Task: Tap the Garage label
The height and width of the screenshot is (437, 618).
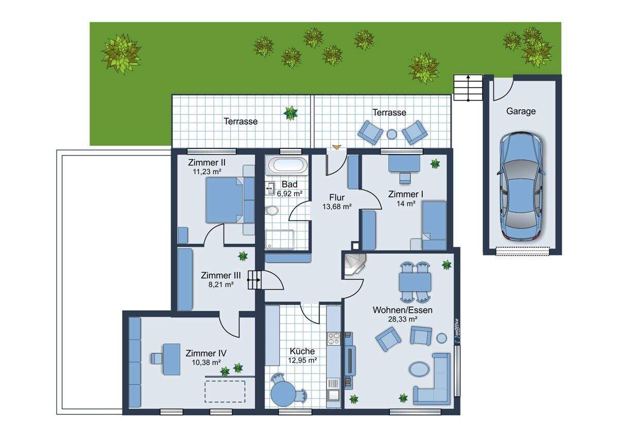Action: pos(521,111)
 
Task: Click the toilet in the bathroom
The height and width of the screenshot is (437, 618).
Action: pos(272,211)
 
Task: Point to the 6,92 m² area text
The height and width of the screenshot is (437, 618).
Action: pos(289,194)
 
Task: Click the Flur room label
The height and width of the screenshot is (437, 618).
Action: pos(337,197)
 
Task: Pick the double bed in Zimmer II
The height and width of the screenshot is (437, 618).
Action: pos(225,199)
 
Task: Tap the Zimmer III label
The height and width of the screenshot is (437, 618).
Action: pos(221,275)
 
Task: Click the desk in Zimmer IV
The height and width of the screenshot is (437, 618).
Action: pos(171,359)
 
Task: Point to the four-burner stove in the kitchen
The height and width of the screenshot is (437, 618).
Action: pos(334,339)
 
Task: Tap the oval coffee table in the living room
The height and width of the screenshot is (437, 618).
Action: pos(419,369)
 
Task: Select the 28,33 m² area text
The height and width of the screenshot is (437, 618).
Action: pos(403,320)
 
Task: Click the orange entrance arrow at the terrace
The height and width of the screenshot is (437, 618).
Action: pos(337,147)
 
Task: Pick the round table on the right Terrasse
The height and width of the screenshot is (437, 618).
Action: pos(391,135)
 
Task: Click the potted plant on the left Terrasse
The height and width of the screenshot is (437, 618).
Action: pos(291,113)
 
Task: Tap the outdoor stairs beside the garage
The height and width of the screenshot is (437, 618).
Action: pos(468,88)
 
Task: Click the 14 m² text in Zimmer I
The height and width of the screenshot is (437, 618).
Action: pos(406,204)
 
